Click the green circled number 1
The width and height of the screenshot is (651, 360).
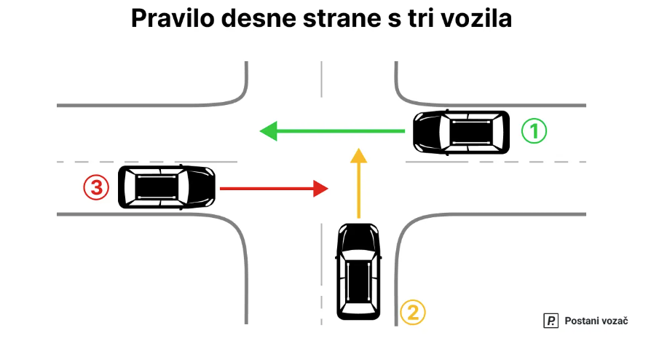[534, 131]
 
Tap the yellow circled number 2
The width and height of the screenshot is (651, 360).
[412, 313]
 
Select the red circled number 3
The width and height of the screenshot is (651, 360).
[95, 188]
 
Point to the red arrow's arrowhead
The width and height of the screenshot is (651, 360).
[320, 188]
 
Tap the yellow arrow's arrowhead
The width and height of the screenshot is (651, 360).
[358, 154]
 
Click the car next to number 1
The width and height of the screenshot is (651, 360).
[461, 132]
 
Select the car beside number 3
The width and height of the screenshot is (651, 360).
[167, 187]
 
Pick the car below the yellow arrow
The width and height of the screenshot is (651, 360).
[358, 270]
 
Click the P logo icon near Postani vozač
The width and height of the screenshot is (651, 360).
[551, 321]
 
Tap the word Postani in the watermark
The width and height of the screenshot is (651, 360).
[583, 321]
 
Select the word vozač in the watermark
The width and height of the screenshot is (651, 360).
[615, 321]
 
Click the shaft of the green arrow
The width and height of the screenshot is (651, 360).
[342, 131]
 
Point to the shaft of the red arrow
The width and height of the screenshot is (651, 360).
[266, 188]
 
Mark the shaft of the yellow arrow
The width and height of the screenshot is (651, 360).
[358, 189]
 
